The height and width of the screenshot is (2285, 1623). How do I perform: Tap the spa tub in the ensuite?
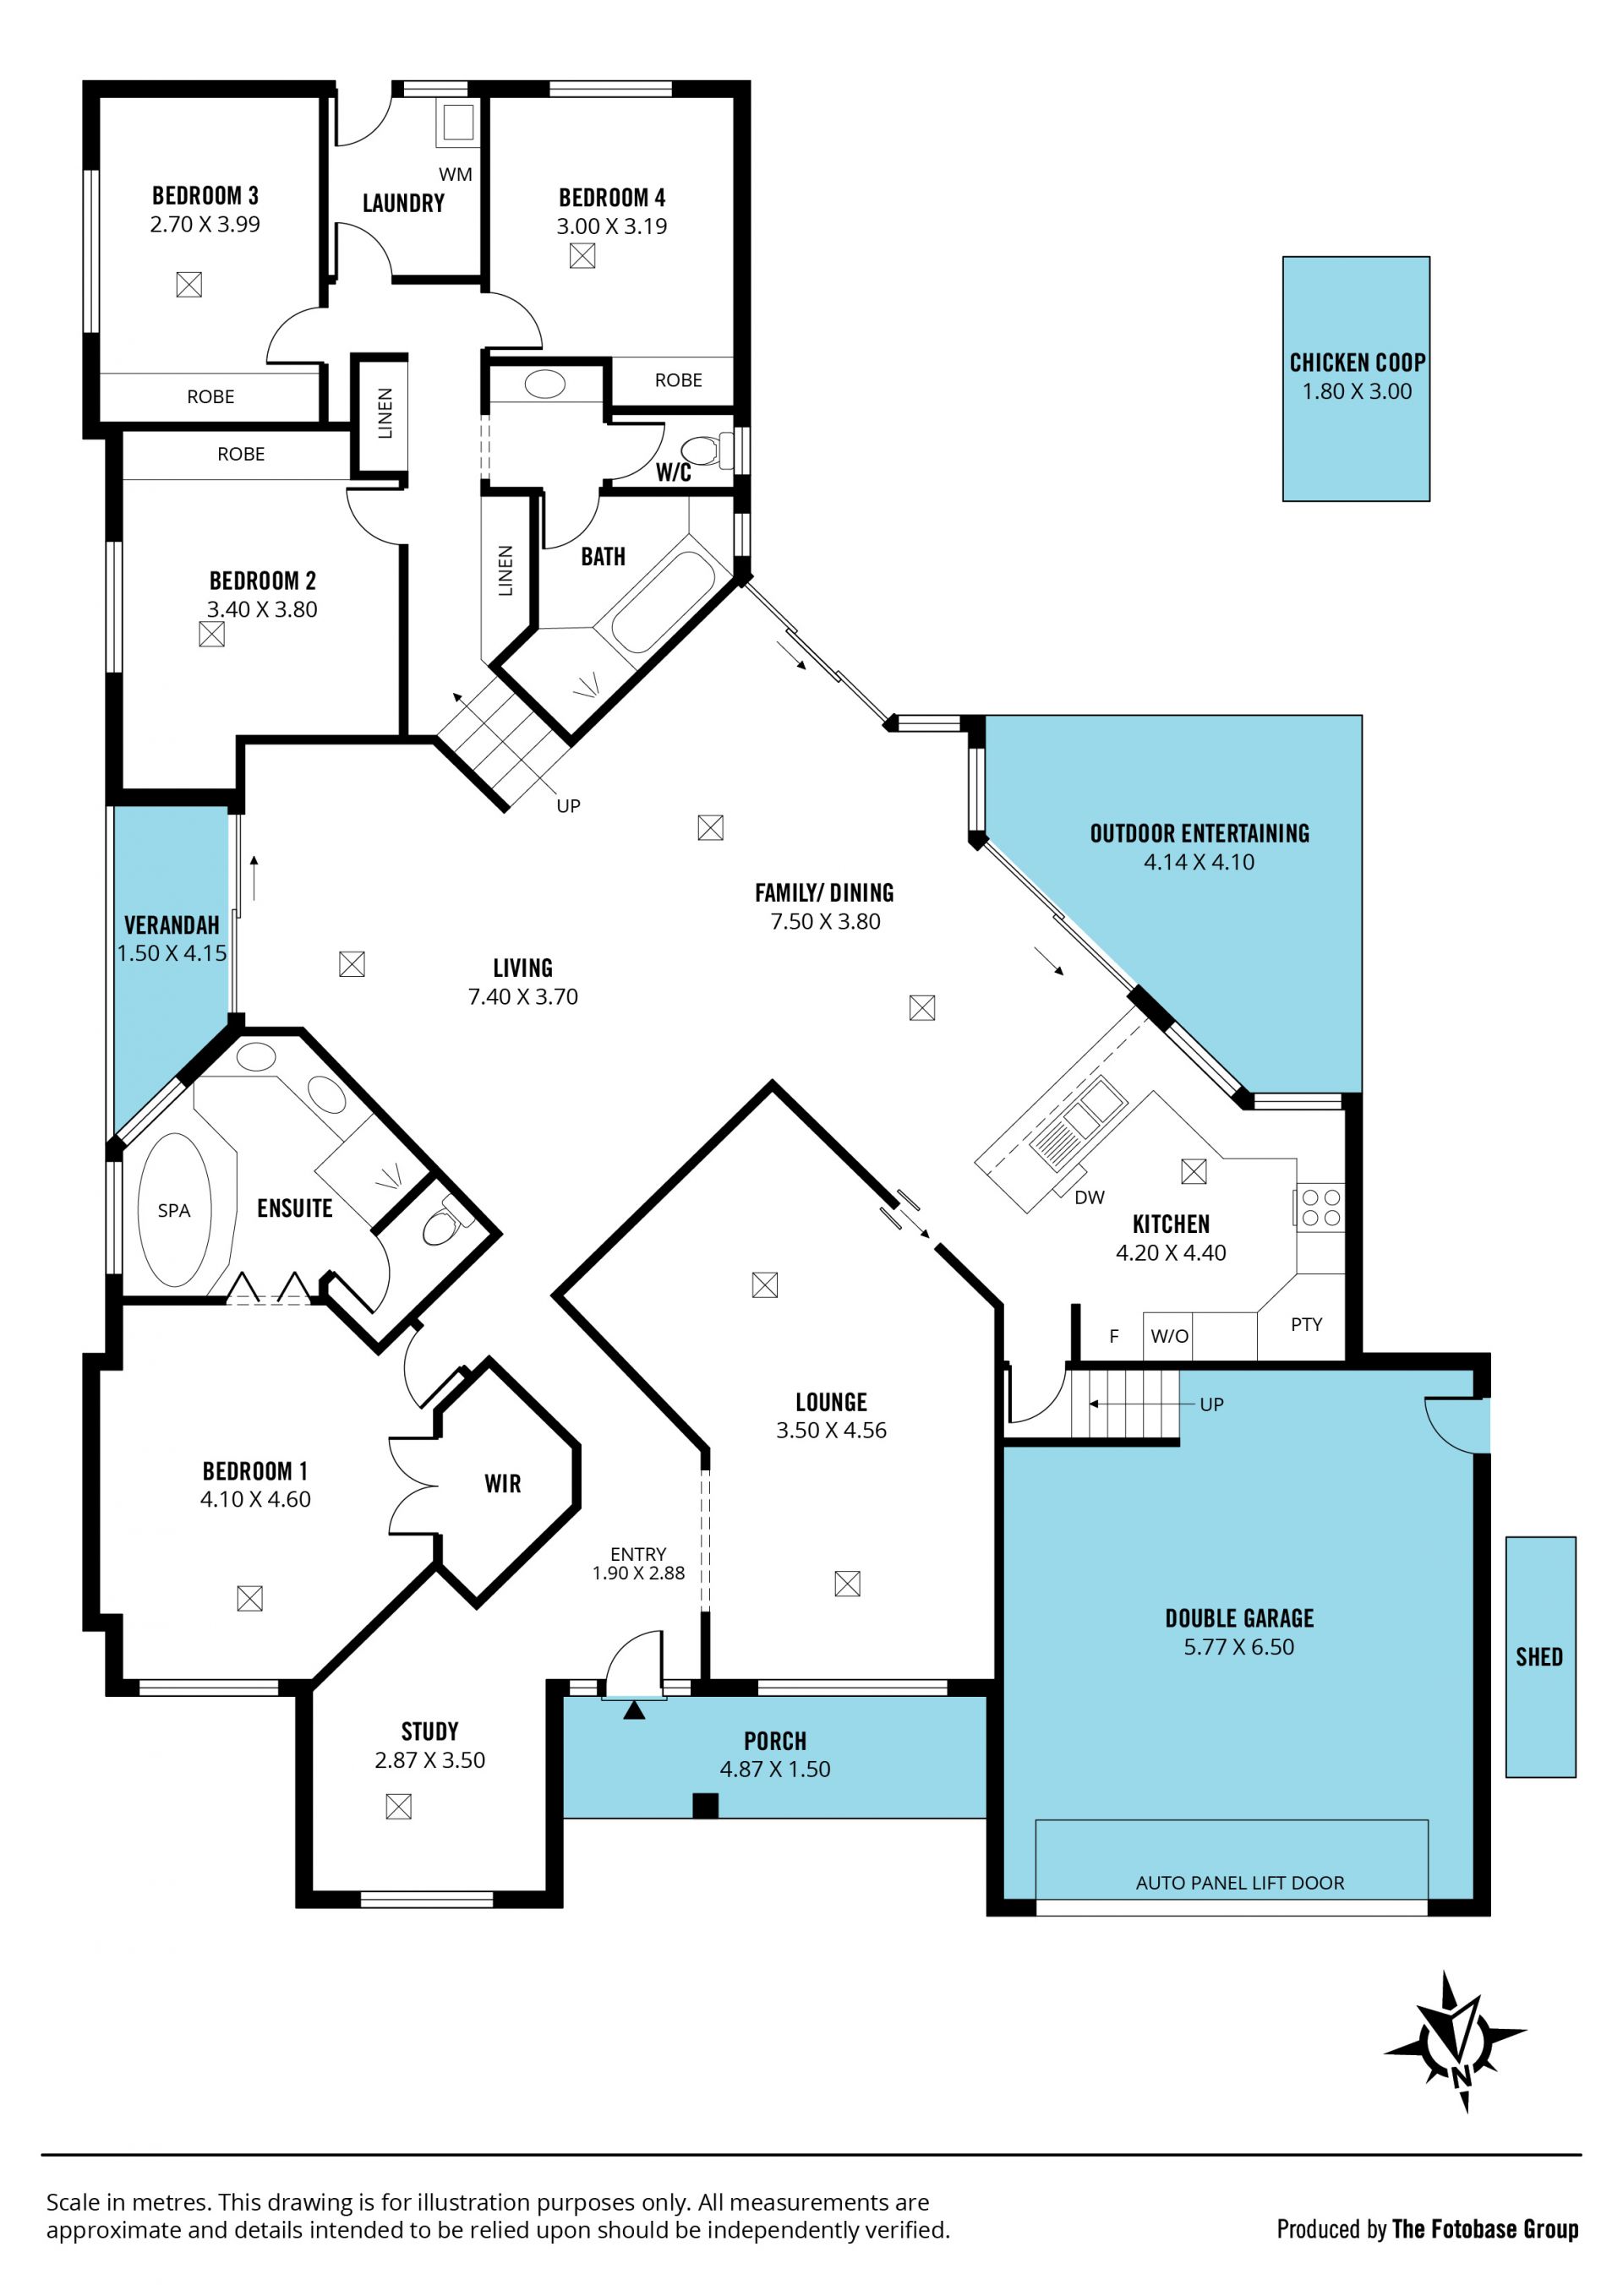pos(175,1210)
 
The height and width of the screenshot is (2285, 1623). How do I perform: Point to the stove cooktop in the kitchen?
pos(1320,1207)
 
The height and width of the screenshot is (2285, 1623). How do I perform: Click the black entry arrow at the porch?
pos(634,1710)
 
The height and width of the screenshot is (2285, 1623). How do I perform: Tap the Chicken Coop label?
pos(1358,363)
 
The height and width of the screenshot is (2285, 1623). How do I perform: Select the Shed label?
pos(1539,1656)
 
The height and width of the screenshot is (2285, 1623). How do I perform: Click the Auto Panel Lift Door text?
pos(1239,1883)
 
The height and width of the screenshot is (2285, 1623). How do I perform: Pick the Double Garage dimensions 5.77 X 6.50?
pos(1239,1646)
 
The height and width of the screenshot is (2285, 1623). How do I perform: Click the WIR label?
pos(503,1484)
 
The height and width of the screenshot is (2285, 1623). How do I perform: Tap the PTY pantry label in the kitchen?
pos(1306,1324)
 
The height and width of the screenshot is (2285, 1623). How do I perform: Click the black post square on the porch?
pos(706,1805)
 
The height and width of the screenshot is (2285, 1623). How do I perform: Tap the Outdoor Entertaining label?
pos(1199,833)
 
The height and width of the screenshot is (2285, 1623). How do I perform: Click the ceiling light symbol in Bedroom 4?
pos(582,256)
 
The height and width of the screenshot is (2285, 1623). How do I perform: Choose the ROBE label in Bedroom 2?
pos(241,454)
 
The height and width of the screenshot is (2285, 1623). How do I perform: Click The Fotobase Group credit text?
pos(1485,2229)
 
